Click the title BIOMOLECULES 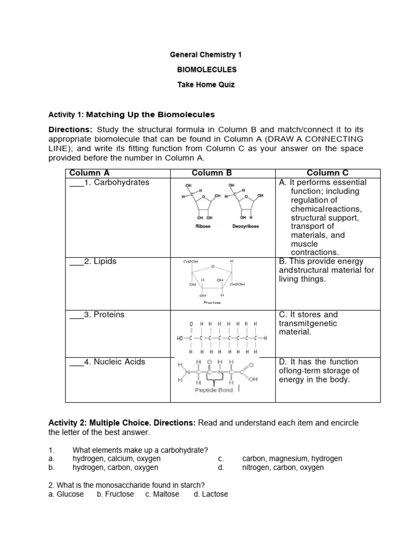coord(207,70)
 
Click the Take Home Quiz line coord(207,85)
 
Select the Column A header coord(90,173)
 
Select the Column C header coord(327,173)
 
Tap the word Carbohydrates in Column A coord(121,183)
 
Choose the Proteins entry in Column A coord(109,315)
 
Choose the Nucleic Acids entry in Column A coord(119,362)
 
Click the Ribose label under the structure coord(203,227)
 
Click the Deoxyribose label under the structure coord(246,227)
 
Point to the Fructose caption coord(212,302)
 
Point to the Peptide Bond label coord(214,390)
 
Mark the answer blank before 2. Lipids coord(76,263)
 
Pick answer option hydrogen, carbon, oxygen coord(115,468)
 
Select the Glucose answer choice coord(70,494)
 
